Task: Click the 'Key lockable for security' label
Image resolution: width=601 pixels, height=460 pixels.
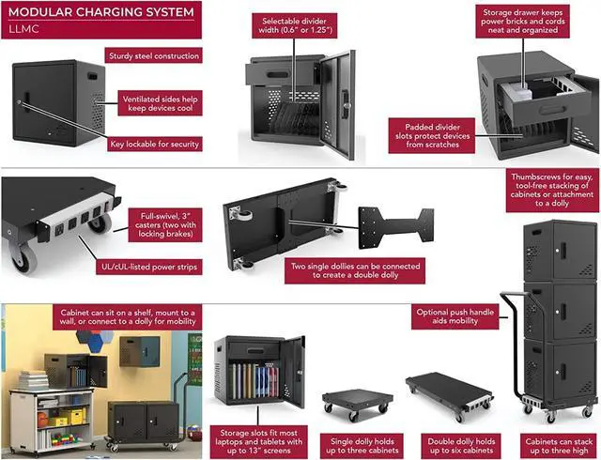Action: click(x=155, y=144)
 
